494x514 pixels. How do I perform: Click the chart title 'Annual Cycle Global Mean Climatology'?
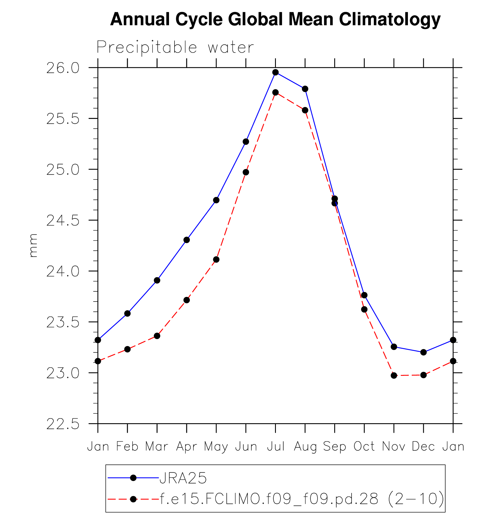275,19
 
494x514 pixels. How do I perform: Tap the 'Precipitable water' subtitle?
175,47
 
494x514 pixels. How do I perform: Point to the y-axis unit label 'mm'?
34,245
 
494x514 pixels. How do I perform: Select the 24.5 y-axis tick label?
63,221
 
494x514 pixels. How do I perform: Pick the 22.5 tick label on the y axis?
63,425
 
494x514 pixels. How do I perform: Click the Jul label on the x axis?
276,447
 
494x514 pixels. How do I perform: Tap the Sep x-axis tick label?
335,447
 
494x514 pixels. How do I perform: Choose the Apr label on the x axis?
187,447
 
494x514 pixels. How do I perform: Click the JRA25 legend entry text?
183,478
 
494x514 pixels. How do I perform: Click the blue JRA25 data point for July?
276,72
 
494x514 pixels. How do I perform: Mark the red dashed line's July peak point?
276,93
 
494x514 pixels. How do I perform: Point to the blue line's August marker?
305,89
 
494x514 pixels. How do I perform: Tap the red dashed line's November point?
394,376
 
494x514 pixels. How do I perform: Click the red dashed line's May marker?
216,260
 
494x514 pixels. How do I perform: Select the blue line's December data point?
424,352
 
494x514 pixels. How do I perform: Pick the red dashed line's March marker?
157,336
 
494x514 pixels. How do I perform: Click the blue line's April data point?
187,240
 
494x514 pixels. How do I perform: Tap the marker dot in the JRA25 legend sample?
133,478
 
